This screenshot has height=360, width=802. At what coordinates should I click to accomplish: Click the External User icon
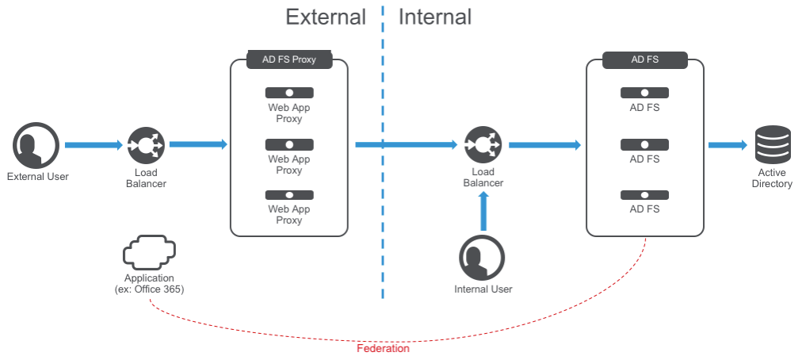click(36, 146)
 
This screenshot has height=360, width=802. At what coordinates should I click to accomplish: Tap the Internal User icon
click(482, 259)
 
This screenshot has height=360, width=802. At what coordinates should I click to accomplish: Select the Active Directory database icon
click(773, 144)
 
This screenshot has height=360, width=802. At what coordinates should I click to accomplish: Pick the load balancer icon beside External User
click(146, 146)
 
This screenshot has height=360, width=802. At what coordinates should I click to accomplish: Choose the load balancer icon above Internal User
click(483, 145)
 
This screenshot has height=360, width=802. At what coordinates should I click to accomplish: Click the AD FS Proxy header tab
click(288, 59)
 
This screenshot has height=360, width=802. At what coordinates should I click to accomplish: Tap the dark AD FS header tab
click(644, 59)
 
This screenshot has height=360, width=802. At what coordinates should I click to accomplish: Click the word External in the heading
click(326, 17)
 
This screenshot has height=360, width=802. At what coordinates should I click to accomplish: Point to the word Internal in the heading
click(434, 17)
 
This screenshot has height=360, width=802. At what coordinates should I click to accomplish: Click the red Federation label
click(383, 348)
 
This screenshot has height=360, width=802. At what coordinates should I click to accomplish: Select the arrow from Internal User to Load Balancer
click(483, 212)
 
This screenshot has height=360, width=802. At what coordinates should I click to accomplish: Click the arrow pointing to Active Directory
click(728, 145)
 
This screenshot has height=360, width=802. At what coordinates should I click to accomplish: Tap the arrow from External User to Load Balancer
click(93, 145)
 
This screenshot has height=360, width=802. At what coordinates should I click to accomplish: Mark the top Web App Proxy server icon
click(288, 93)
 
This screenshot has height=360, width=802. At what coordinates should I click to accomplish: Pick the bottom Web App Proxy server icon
click(288, 195)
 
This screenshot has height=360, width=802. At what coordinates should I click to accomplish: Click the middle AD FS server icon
click(644, 144)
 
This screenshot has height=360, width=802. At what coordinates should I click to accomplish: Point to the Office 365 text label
click(149, 290)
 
